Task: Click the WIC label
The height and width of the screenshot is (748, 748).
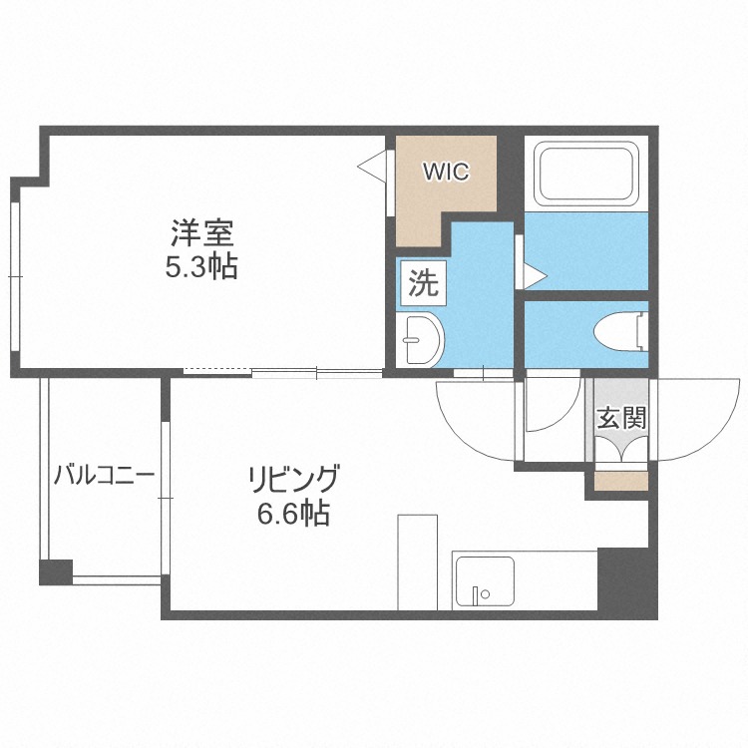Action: point(447,172)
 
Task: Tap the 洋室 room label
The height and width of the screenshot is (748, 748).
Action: point(201,233)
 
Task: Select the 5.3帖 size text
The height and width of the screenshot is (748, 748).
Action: point(201,267)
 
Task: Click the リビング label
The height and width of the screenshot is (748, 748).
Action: point(294,479)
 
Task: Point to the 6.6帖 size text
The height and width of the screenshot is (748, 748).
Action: point(294,514)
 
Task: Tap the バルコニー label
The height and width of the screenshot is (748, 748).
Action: point(105,475)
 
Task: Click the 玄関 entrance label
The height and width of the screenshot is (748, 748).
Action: point(621,418)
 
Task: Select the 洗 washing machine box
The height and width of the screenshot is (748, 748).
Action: point(424,283)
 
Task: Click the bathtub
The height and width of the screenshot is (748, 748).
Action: point(586,174)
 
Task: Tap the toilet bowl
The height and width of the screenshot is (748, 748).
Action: point(621,331)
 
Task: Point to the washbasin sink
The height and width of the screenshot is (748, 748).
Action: point(420,340)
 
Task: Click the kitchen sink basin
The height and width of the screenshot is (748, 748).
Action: point(485,580)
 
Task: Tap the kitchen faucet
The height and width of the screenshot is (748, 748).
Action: point(481,594)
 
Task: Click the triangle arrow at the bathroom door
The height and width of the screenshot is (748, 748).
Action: point(536,275)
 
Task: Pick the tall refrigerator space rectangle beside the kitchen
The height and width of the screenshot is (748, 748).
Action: point(418,561)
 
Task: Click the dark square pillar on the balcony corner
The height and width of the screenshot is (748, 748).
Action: point(56,572)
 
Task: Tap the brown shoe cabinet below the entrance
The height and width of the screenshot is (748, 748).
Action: point(621,481)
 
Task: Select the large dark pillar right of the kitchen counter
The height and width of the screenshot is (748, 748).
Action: point(627,583)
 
